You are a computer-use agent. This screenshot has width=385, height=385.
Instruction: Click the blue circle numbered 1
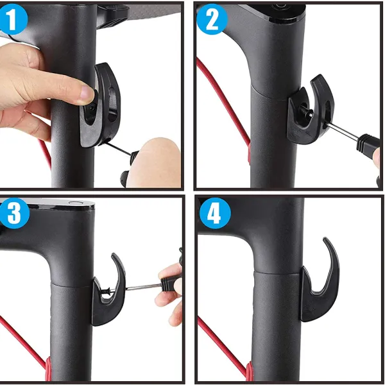pos(13,19)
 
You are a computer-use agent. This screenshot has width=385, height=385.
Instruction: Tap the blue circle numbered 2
pos(212,19)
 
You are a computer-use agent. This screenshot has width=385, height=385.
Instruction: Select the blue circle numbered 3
pos(14,213)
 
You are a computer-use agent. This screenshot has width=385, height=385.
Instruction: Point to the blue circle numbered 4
pos(215,213)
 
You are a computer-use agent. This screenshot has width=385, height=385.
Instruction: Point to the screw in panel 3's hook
pos(108,291)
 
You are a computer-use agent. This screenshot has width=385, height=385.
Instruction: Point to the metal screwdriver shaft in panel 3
pos(143,287)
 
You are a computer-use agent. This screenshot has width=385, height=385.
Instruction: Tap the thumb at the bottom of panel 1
pos(155,162)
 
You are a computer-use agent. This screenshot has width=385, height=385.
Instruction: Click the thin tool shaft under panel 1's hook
pos(118,148)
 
